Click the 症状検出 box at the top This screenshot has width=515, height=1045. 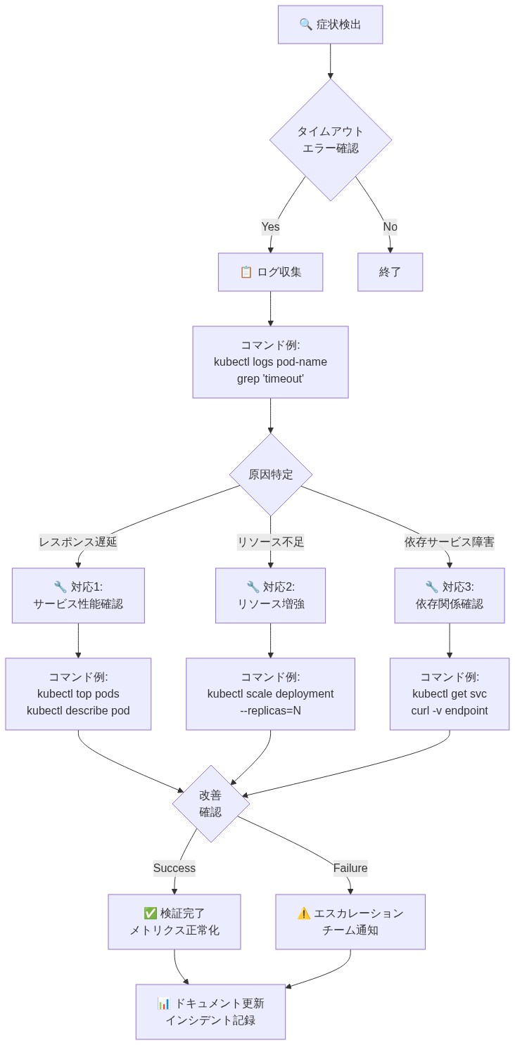(330, 25)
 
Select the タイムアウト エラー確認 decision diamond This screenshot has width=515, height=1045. (330, 140)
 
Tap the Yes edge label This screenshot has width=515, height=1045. (270, 226)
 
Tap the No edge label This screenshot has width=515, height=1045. (390, 226)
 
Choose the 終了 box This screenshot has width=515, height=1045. (390, 272)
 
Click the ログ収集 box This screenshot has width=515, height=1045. (270, 272)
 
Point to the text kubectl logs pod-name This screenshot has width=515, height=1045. (270, 362)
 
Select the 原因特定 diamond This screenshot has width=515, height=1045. (270, 475)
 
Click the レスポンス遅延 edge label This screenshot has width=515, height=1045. (78, 542)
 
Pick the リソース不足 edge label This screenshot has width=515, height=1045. (270, 542)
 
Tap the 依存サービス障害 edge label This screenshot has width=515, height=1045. (449, 542)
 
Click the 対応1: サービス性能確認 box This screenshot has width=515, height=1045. (78, 596)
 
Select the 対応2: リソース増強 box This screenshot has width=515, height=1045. (270, 596)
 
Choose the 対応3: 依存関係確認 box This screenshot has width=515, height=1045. (449, 596)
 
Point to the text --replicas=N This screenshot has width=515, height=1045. (270, 711)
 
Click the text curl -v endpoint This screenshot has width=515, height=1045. (449, 711)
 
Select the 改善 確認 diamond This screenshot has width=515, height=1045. (210, 804)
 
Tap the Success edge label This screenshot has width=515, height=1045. (174, 868)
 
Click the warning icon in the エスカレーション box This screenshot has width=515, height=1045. (303, 913)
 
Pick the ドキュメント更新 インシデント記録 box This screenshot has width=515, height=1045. (210, 1012)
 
